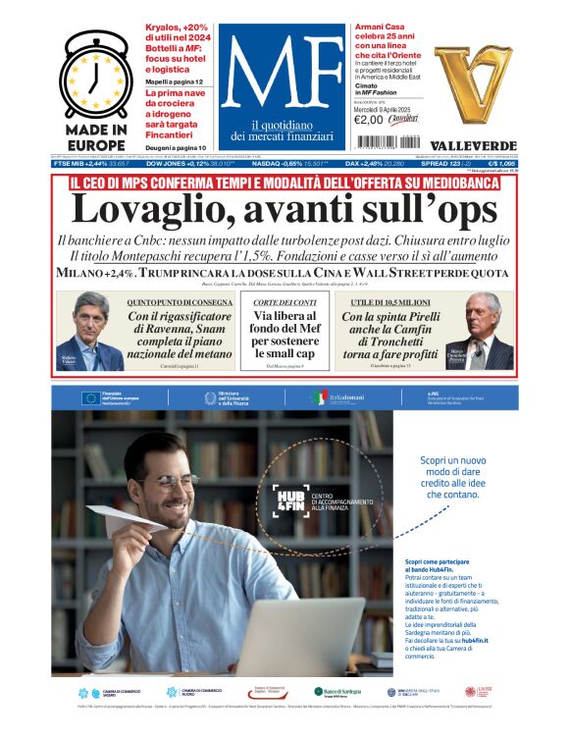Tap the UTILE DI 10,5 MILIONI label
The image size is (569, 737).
click(388, 302)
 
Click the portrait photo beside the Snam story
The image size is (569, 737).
click(89, 332)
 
